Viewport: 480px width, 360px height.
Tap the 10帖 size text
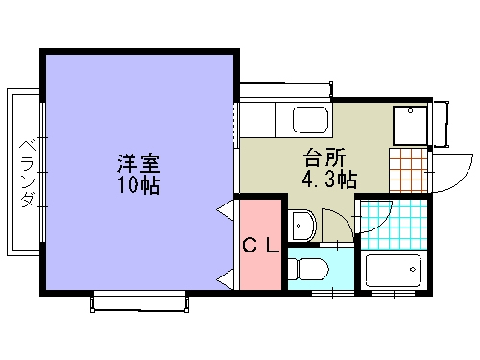coord(139,185)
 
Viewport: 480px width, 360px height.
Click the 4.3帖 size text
coord(329,179)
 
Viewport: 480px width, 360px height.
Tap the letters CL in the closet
coord(260,245)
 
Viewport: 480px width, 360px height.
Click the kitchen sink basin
coord(309,121)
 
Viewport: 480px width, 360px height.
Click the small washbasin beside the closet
coord(302,226)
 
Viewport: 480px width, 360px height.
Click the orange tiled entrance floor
coord(408,169)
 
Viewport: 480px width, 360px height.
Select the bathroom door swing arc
coord(375,219)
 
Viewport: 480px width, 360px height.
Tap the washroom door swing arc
coord(337,227)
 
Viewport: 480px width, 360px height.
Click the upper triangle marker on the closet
coord(227,206)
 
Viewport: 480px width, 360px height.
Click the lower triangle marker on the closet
coord(227,280)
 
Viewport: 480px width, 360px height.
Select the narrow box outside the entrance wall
coord(441,123)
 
